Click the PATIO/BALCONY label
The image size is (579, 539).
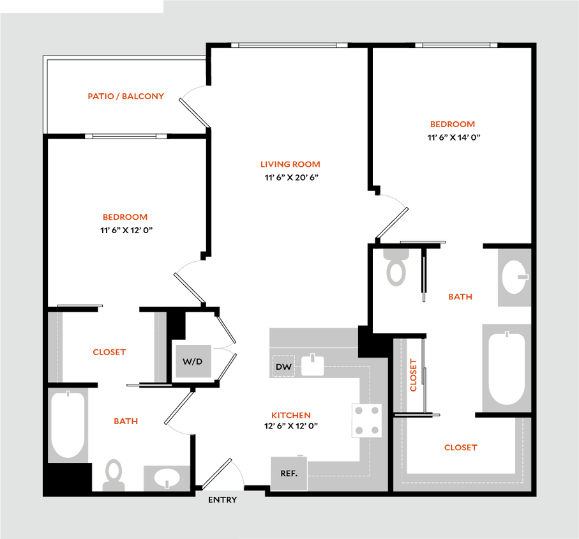(x=126, y=96)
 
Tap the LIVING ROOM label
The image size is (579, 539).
(x=290, y=164)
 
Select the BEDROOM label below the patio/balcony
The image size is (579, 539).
(x=125, y=217)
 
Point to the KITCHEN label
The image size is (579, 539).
(x=291, y=415)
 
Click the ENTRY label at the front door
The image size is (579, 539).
(x=222, y=500)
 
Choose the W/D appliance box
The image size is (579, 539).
(x=193, y=361)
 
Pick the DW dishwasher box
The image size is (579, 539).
(x=283, y=367)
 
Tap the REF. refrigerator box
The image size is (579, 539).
(x=289, y=473)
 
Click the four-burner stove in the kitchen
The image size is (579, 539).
(x=366, y=421)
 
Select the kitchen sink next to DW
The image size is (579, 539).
(x=312, y=366)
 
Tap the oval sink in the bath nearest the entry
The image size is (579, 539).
(x=167, y=477)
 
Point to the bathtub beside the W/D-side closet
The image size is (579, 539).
(x=68, y=425)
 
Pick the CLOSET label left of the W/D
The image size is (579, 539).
(x=109, y=352)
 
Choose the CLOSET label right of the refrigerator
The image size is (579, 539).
(x=460, y=448)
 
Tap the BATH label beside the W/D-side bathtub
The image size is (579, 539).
(x=126, y=421)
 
